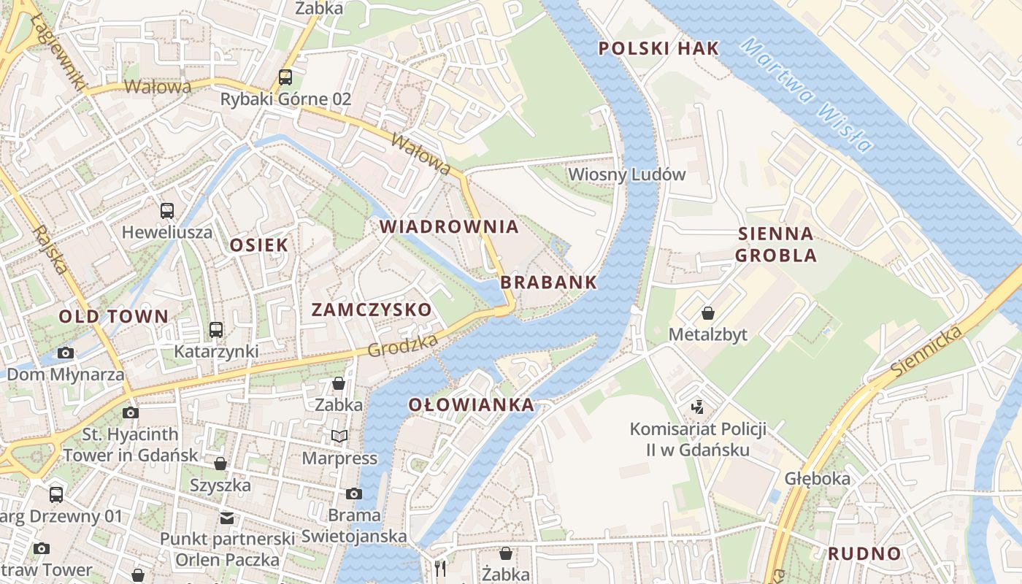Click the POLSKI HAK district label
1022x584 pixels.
coord(658,49)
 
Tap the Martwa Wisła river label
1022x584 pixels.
coord(807,95)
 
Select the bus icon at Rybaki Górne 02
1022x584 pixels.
coord(285,77)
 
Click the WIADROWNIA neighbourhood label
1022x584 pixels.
coord(449,226)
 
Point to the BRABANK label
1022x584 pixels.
coord(548,283)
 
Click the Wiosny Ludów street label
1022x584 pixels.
coord(627,174)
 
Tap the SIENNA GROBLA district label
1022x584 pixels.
coord(775,245)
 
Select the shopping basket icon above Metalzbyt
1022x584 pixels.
coord(707,314)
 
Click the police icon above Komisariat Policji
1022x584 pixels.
coord(698,407)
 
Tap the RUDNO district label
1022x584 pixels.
coord(864,553)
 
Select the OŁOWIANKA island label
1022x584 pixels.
coord(471,405)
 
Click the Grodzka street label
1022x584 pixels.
coord(403,346)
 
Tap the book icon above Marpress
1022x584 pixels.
coord(339,437)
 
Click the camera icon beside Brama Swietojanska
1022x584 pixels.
coord(354,494)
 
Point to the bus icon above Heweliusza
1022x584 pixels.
coord(167,211)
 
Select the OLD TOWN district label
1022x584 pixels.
coord(113,317)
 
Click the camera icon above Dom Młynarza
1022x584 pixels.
coord(65,353)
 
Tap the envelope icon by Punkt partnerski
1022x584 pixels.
coord(227,518)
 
